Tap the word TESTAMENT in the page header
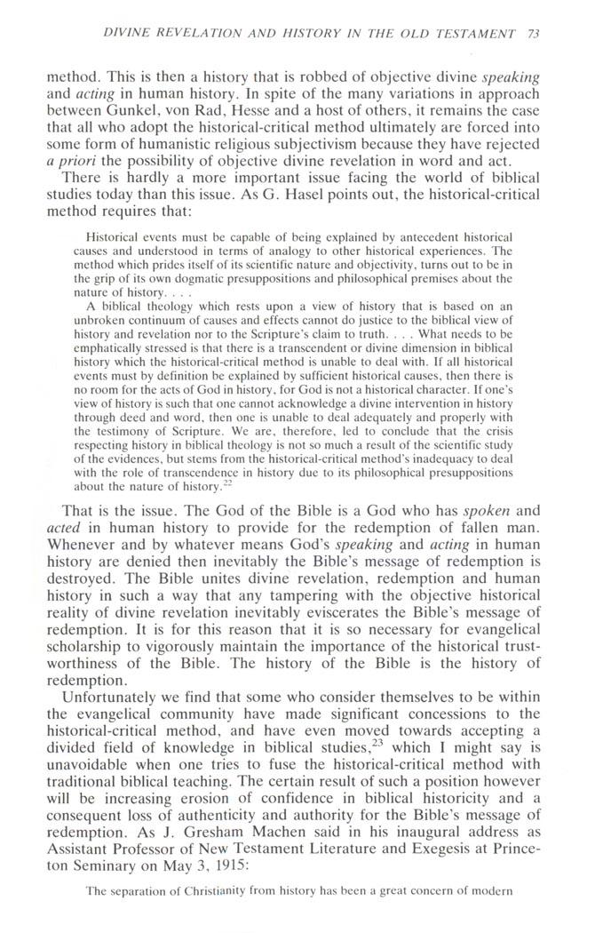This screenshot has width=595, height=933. pyautogui.click(x=482, y=34)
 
